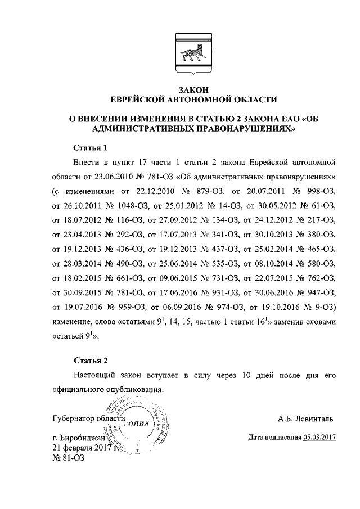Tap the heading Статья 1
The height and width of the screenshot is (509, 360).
90,148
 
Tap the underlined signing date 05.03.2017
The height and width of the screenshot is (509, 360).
319,437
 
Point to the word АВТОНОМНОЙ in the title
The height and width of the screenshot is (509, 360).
195,100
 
